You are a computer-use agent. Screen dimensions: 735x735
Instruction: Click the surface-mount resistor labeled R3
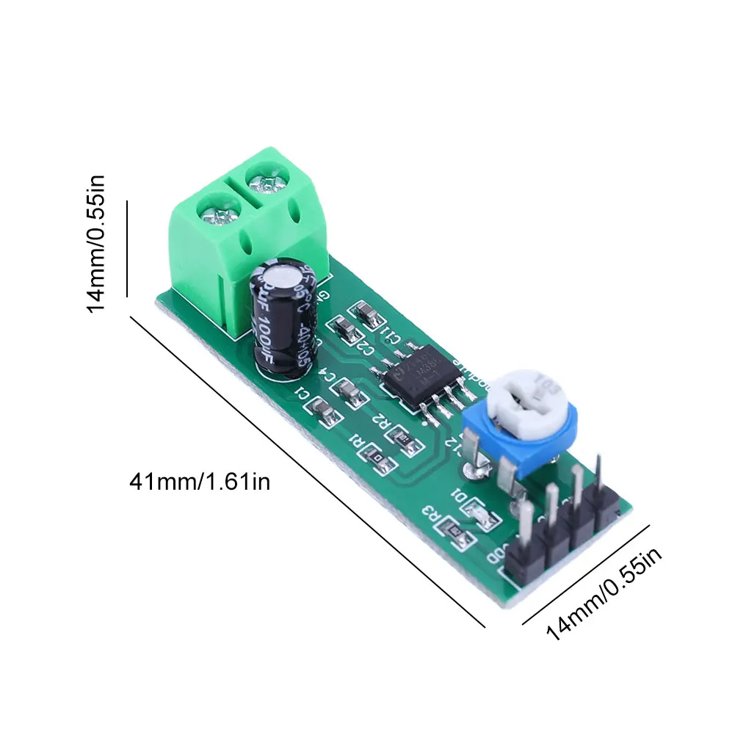click(455, 533)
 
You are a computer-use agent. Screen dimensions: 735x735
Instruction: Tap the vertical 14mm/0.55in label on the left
click(97, 243)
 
